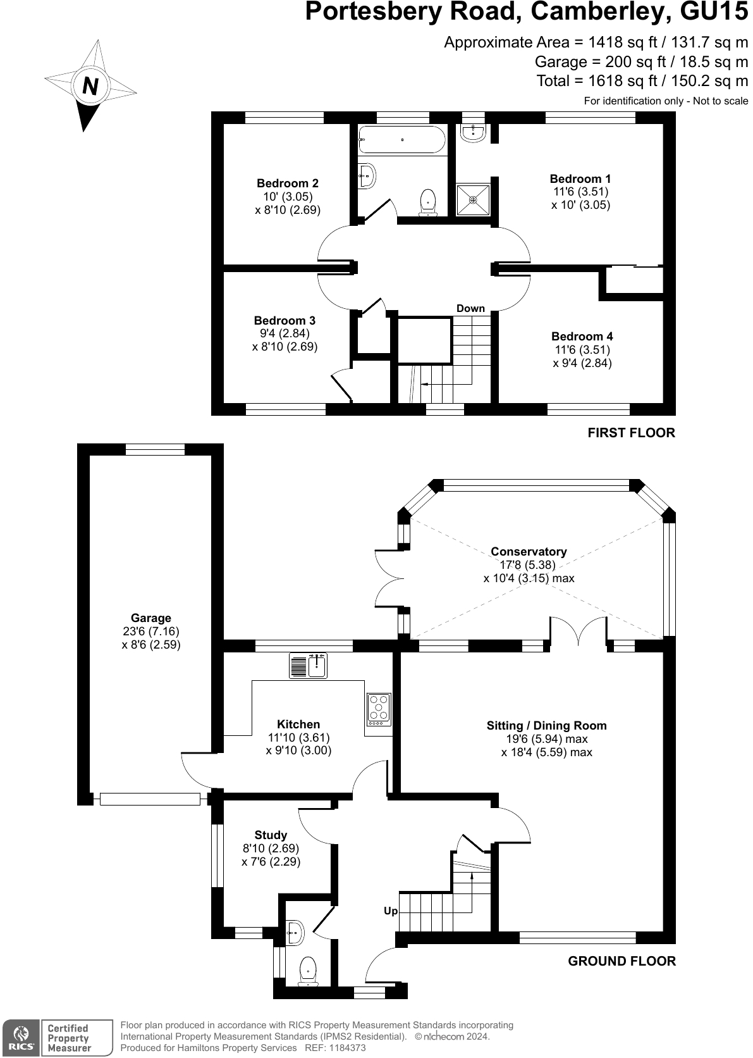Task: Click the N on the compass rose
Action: [90, 85]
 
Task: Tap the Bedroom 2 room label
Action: [288, 184]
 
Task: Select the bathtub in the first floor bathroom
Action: [402, 140]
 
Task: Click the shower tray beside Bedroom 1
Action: [473, 199]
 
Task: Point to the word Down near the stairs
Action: [470, 309]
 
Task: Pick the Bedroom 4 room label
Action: [582, 337]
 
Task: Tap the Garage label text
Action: [151, 618]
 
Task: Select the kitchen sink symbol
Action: [308, 666]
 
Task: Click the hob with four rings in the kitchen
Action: [379, 709]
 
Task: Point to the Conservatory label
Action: [529, 552]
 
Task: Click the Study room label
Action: [271, 835]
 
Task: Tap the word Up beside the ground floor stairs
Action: [391, 911]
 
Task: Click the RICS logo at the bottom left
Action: [21, 1038]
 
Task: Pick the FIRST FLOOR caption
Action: [631, 433]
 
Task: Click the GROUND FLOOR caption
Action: [621, 961]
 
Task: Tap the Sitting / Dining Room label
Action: [546, 726]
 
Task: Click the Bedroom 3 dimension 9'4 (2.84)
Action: [285, 333]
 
